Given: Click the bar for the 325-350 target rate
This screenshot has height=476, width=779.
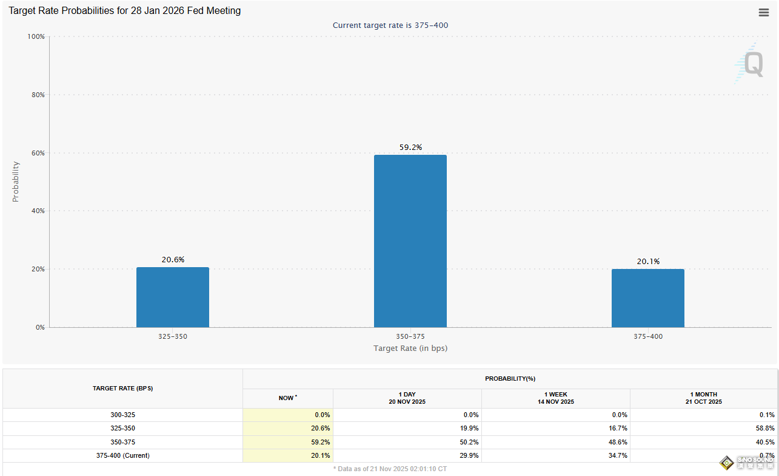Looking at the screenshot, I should (x=172, y=297).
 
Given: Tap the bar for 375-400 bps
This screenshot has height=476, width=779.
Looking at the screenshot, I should (x=647, y=298).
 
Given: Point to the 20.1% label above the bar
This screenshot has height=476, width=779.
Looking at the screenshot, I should (x=648, y=262).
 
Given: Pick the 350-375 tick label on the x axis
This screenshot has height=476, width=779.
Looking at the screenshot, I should (x=410, y=336).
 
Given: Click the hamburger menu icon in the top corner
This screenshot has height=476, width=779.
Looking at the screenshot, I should (x=764, y=12).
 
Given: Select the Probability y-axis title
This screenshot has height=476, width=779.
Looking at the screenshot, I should (x=16, y=182).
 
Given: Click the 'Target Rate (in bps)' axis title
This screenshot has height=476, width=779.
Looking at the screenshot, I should (x=410, y=348).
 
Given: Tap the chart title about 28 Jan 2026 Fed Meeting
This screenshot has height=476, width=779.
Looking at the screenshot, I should (x=124, y=11).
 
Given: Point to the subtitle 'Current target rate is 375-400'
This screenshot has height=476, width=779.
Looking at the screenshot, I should (x=390, y=25).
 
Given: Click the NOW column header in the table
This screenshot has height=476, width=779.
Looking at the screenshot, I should (x=287, y=398).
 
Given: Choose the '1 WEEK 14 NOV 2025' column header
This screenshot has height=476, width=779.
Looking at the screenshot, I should (x=556, y=398).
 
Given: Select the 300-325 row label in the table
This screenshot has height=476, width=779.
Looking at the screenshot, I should (x=122, y=415).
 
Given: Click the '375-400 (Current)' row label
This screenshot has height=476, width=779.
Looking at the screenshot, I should (x=122, y=455).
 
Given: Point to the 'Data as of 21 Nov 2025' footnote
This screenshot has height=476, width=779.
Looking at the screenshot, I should (x=390, y=469).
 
